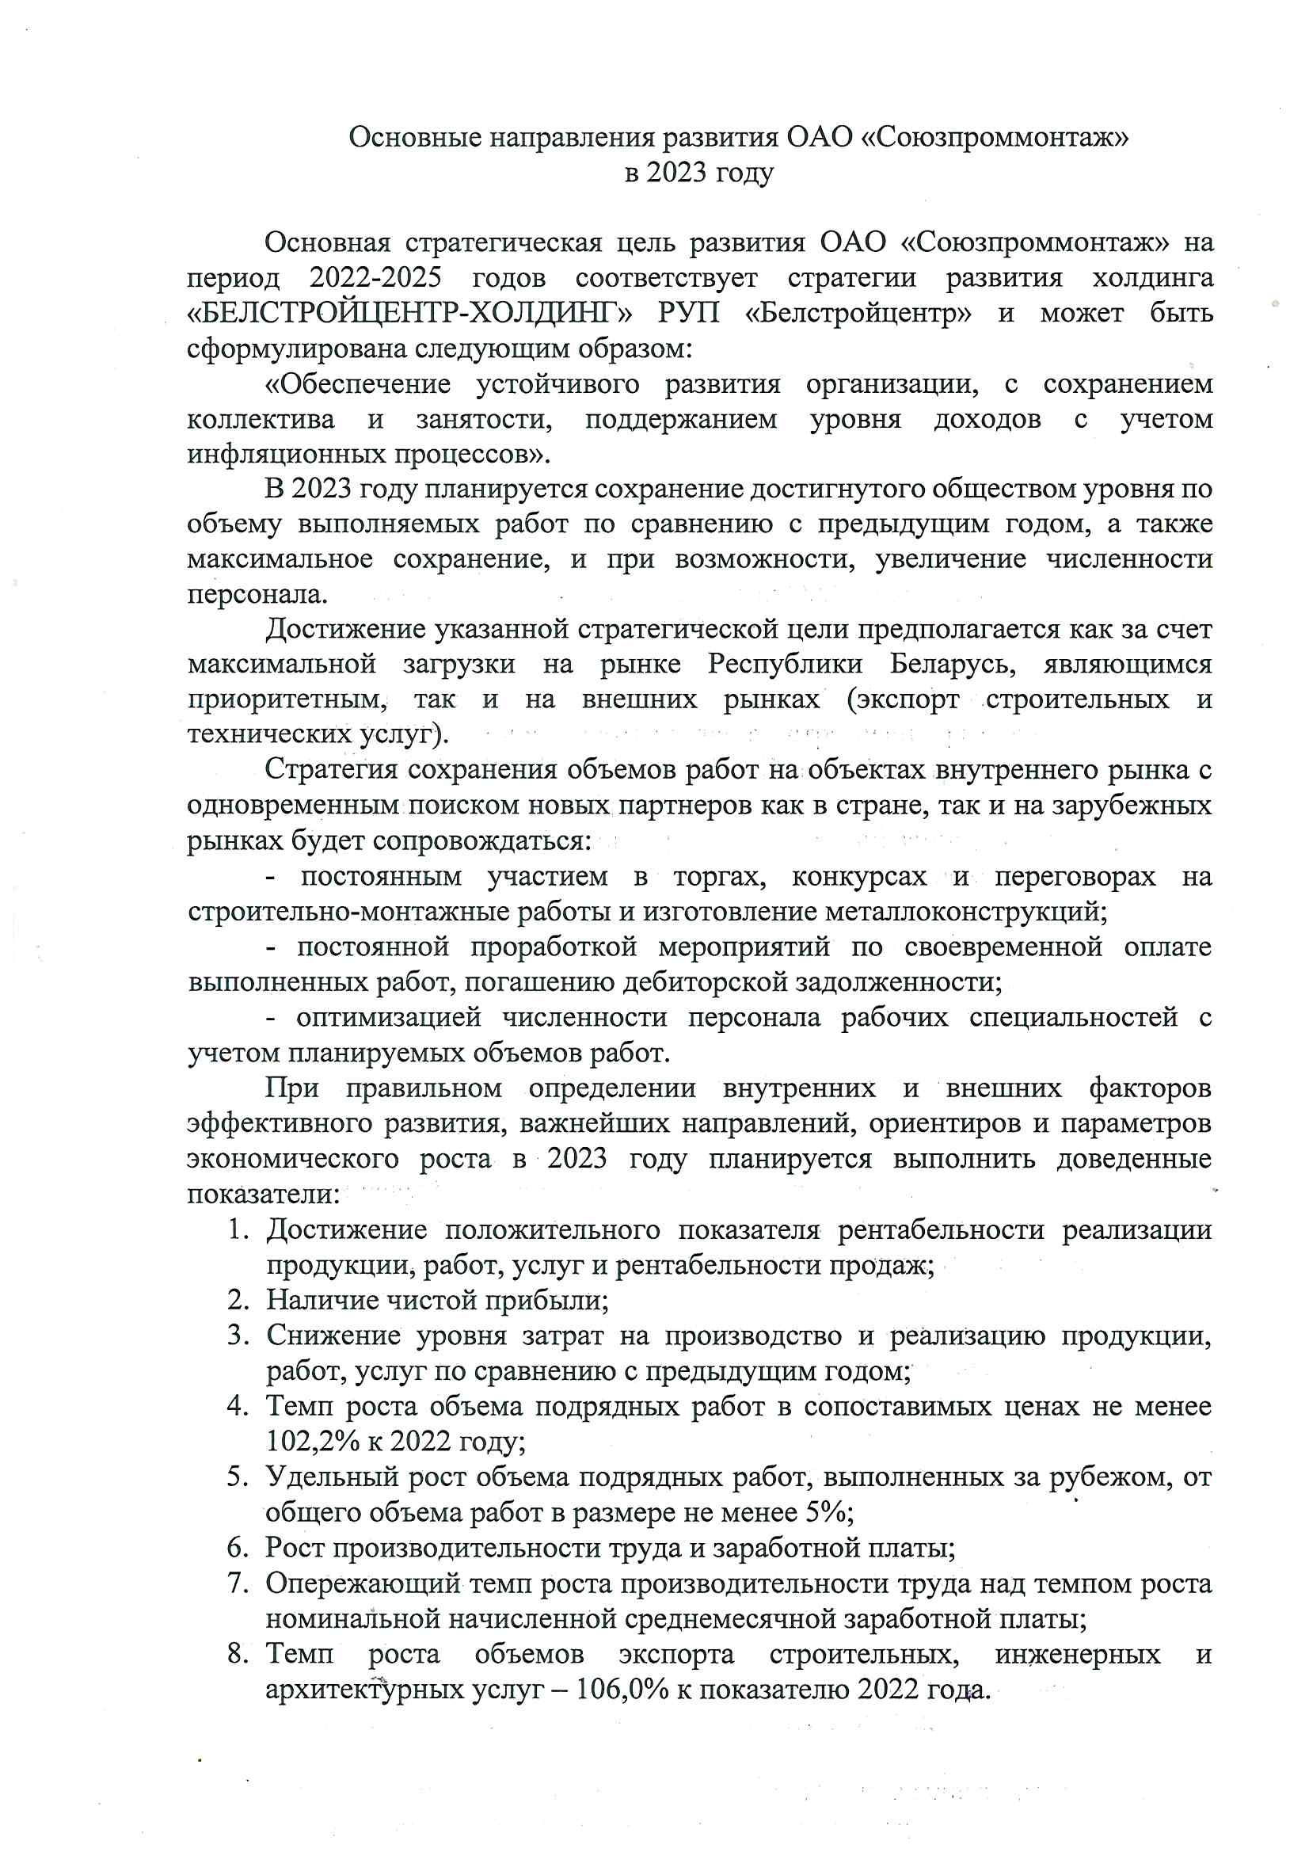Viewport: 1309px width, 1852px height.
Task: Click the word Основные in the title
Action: tap(412, 138)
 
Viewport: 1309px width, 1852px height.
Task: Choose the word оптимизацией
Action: tap(389, 1017)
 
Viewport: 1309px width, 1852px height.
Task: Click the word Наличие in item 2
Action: tap(316, 1299)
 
